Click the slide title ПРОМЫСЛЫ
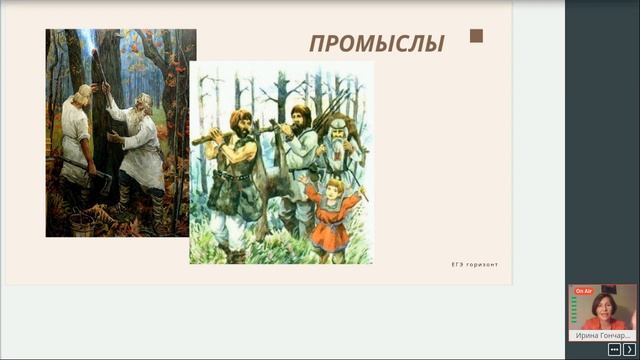pyautogui.click(x=376, y=43)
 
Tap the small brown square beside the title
pyautogui.click(x=476, y=37)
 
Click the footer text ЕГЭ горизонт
pyautogui.click(x=474, y=264)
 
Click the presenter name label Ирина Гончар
pyautogui.click(x=602, y=336)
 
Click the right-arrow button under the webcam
pyautogui.click(x=629, y=350)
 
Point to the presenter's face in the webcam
pyautogui.click(x=604, y=304)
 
